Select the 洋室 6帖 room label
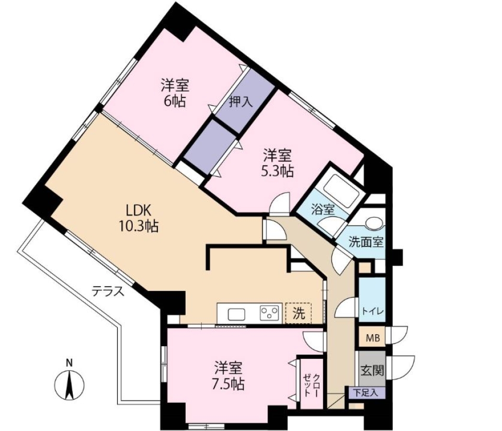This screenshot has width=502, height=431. (175, 93)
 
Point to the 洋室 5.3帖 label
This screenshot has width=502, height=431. (277, 163)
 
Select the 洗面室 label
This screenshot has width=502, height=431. (367, 242)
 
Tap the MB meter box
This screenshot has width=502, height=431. (372, 337)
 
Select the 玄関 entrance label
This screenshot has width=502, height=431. (372, 370)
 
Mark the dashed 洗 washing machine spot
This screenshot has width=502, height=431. (298, 314)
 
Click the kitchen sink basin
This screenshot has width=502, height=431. (236, 314)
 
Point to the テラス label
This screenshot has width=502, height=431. (108, 291)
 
